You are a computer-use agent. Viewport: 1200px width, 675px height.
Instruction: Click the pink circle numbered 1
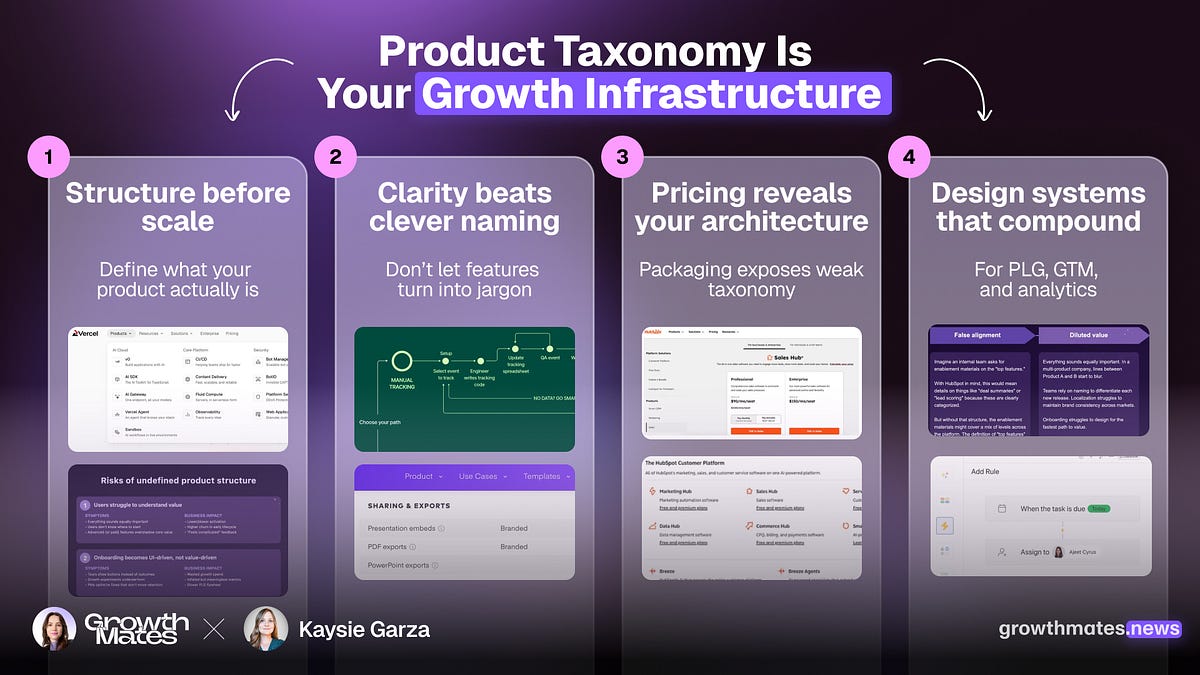(49, 158)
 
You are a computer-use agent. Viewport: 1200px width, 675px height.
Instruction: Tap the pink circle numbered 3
(623, 158)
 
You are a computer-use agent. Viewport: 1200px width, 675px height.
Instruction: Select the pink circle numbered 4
(909, 158)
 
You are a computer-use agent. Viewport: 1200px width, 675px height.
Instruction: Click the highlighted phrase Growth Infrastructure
(653, 94)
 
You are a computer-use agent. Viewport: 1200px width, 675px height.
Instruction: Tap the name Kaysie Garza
(364, 629)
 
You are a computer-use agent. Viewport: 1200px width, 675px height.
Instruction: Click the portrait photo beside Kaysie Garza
(265, 629)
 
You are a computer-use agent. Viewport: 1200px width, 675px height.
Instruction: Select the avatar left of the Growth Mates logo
(53, 629)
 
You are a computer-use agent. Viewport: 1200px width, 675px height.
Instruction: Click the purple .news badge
(1153, 629)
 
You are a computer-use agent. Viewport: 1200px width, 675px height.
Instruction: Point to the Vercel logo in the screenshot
(87, 333)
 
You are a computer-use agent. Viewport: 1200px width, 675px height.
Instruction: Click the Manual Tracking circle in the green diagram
(402, 361)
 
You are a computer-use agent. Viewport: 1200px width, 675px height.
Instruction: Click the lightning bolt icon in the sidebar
(944, 525)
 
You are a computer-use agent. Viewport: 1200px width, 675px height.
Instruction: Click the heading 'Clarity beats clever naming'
(464, 207)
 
